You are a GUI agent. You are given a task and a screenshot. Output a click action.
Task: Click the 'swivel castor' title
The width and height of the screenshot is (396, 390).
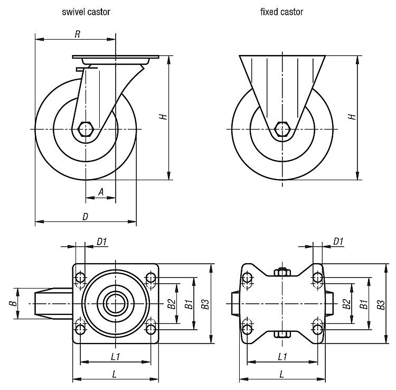click(x=86, y=12)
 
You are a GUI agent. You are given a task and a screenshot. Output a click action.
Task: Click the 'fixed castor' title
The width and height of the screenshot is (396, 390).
click(x=282, y=12)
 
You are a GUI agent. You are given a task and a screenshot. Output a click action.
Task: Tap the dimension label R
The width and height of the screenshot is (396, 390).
click(x=77, y=34)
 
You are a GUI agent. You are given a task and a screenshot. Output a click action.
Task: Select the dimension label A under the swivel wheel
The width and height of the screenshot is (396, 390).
click(x=101, y=193)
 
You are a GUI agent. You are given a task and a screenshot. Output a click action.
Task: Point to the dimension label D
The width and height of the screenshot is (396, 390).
click(x=85, y=217)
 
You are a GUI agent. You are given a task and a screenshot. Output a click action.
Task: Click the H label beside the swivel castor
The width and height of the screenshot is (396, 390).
click(x=164, y=116)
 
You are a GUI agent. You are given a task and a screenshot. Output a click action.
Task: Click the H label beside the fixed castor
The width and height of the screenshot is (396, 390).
click(x=352, y=116)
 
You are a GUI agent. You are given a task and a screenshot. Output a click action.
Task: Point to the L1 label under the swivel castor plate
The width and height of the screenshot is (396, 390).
click(x=116, y=357)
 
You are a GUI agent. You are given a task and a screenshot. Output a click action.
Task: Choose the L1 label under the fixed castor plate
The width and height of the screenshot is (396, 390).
click(x=282, y=357)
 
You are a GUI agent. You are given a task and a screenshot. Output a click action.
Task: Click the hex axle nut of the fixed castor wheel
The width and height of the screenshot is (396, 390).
click(x=282, y=128)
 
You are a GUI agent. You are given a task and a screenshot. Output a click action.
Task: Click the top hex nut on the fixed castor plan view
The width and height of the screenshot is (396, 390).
click(x=282, y=272)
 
